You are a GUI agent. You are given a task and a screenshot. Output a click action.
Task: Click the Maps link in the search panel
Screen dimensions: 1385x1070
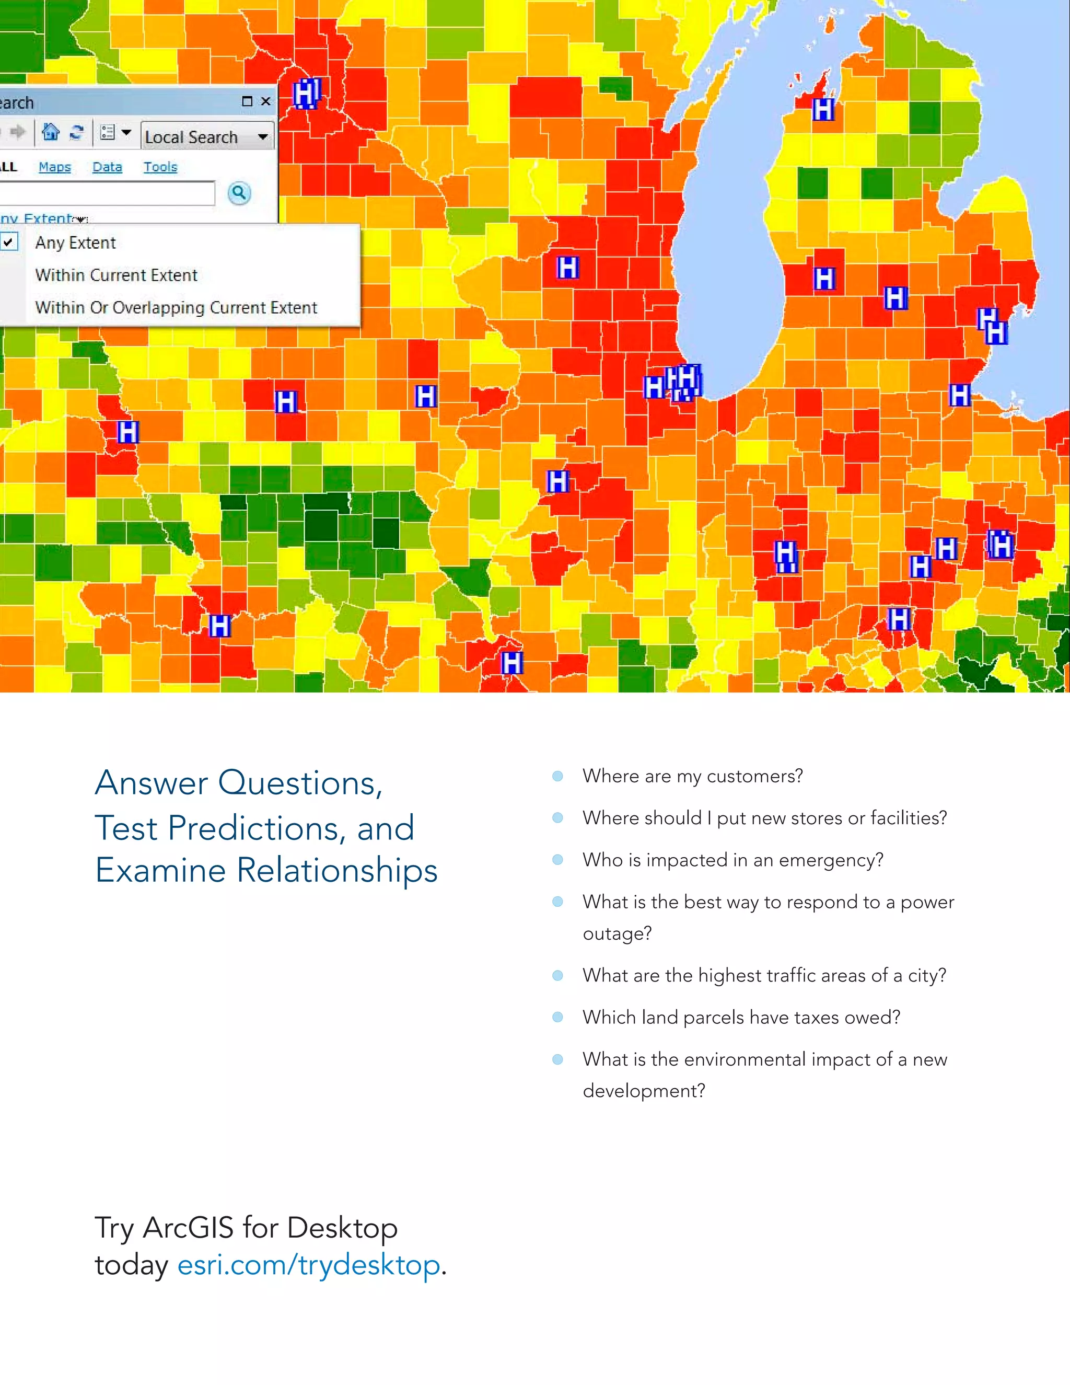(54, 167)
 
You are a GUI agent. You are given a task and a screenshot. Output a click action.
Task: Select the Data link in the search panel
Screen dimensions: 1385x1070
(107, 167)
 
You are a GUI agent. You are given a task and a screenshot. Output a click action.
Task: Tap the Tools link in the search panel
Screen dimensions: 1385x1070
(160, 167)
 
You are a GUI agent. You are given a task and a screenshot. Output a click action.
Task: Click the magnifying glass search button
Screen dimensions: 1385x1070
(239, 193)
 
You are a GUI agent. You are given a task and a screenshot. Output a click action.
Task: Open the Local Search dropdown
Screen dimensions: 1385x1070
(262, 136)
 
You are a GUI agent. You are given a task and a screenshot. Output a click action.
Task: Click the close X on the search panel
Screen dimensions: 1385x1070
(265, 101)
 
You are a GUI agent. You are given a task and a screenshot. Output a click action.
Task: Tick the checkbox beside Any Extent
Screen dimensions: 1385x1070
(8, 243)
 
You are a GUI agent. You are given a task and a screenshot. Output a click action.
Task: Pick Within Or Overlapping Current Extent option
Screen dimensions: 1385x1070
(176, 307)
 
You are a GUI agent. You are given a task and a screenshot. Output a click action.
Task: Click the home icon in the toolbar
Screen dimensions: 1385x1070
(50, 132)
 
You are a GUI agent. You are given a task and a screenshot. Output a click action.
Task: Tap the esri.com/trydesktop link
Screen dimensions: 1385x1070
(308, 1265)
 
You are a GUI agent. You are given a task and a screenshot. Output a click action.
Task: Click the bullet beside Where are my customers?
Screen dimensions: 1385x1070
(558, 776)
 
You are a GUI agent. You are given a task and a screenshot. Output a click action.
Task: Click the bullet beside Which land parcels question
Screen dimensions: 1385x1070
(558, 1018)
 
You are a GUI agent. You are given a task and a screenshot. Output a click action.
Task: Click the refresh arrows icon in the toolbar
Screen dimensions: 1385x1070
(77, 132)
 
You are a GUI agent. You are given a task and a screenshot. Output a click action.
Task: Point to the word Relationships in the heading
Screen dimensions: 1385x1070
(336, 870)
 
